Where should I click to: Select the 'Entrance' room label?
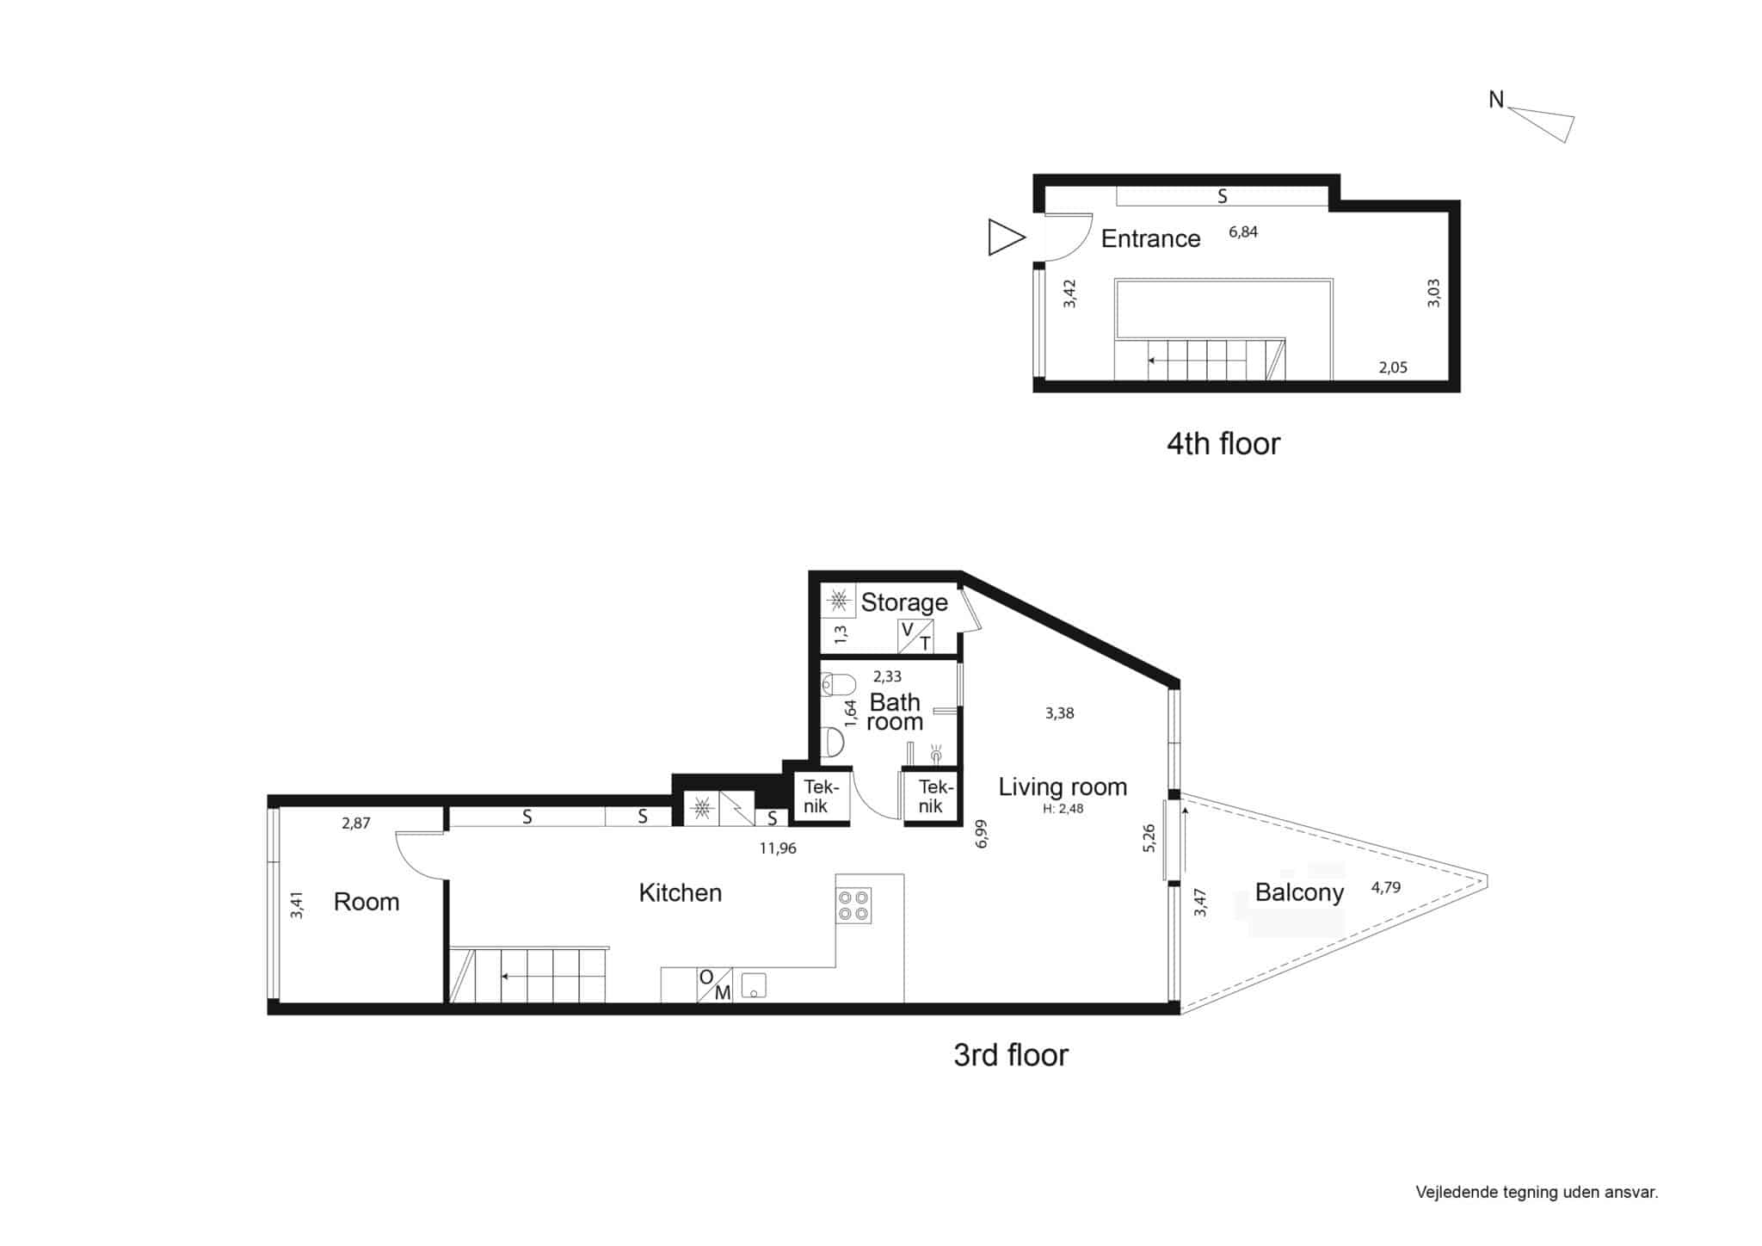1150,238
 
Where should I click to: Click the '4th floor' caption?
1223,443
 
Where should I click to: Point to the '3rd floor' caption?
1010,1054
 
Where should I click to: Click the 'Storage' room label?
904,601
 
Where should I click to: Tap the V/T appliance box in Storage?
915,636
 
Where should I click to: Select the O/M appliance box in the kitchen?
714,984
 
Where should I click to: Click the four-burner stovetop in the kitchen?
853,905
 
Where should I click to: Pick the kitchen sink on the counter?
754,985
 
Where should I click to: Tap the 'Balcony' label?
1299,892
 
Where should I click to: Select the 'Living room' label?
1063,786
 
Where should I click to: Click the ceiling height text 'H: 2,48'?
1063,808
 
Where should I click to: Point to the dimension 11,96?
778,848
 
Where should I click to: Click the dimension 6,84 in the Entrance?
1243,231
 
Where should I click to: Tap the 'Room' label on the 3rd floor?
367,902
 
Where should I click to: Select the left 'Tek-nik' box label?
816,797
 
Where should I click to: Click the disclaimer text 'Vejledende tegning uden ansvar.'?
1537,1193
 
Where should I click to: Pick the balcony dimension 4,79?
1386,887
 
